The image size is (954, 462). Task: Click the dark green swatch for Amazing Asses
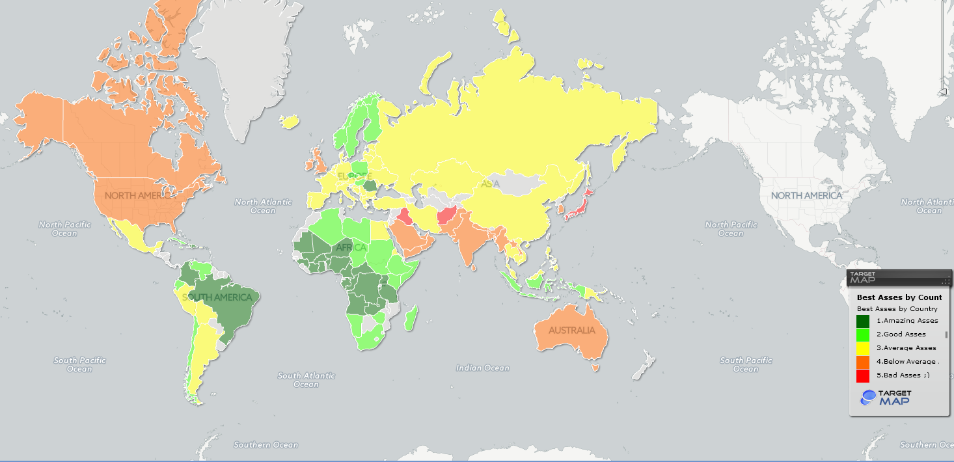(x=863, y=321)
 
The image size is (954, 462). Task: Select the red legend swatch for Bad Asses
(x=863, y=375)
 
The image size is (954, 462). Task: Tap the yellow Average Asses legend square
(x=863, y=348)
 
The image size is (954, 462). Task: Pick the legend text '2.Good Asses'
(x=901, y=334)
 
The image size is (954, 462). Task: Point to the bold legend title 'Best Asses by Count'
(x=899, y=297)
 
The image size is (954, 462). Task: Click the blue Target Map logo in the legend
(x=886, y=397)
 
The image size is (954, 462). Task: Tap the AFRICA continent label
(x=351, y=248)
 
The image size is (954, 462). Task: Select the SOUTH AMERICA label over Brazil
(x=217, y=298)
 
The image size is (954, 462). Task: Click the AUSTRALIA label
(x=571, y=331)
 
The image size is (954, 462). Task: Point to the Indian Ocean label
(x=482, y=368)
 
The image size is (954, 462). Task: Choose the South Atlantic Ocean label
(x=307, y=379)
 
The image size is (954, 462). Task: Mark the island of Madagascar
(x=411, y=319)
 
